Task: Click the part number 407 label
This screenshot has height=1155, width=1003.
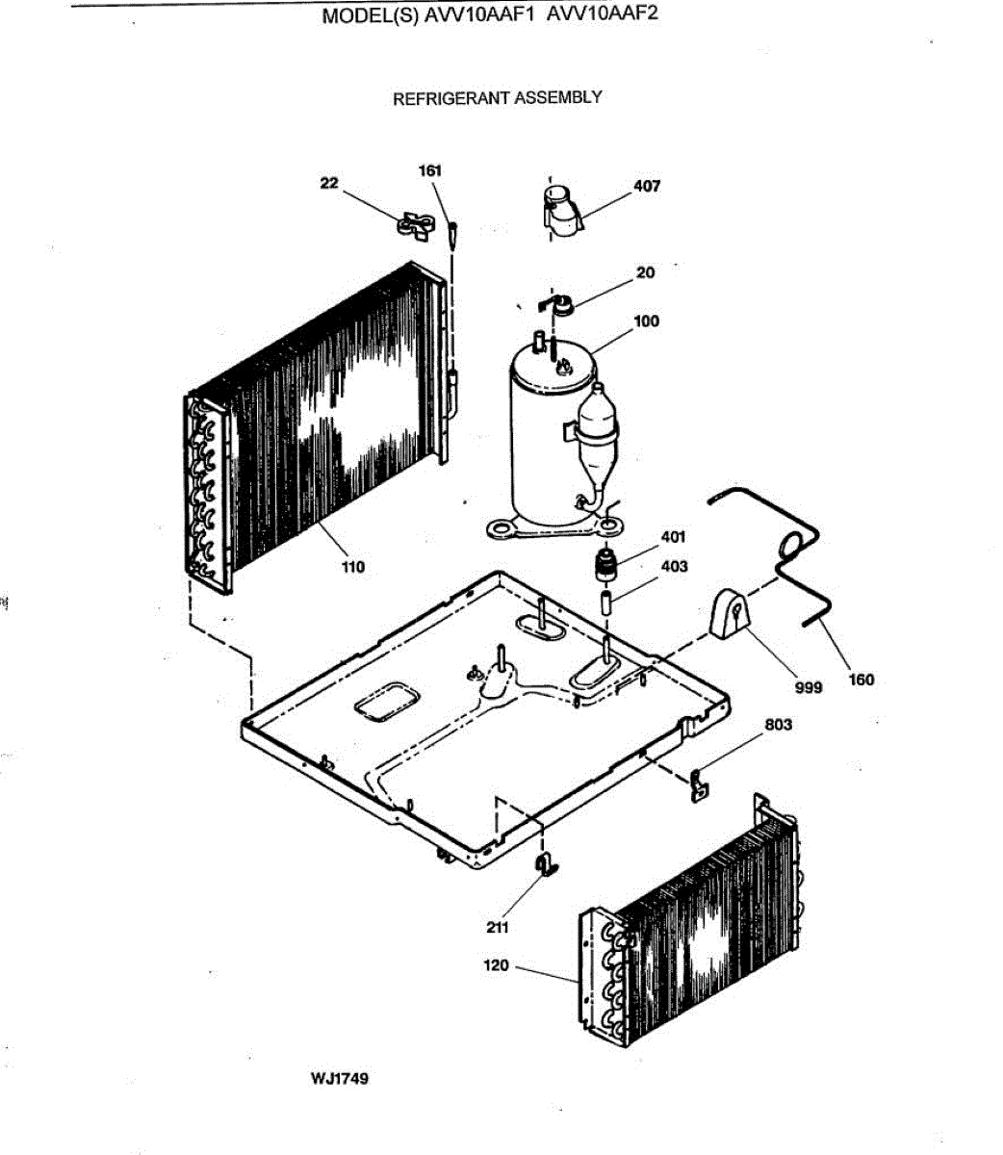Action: tap(647, 186)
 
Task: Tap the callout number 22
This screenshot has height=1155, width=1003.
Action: tap(330, 183)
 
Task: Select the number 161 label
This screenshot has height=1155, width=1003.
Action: tap(429, 170)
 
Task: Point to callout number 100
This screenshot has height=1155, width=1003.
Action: tap(647, 321)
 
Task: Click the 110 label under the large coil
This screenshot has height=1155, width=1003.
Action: tap(353, 567)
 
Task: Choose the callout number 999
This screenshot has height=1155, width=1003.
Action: tap(809, 687)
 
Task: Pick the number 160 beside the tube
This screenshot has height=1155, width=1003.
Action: tap(862, 680)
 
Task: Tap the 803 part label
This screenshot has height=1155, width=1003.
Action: tap(778, 725)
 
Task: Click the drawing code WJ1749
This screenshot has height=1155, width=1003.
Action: tap(339, 1078)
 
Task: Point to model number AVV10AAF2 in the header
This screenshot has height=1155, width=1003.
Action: tap(603, 15)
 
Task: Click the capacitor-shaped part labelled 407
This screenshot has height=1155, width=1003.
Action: tap(562, 210)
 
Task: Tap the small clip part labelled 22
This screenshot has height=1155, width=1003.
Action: tap(415, 225)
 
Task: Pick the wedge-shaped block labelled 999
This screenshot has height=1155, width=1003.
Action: tap(731, 615)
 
